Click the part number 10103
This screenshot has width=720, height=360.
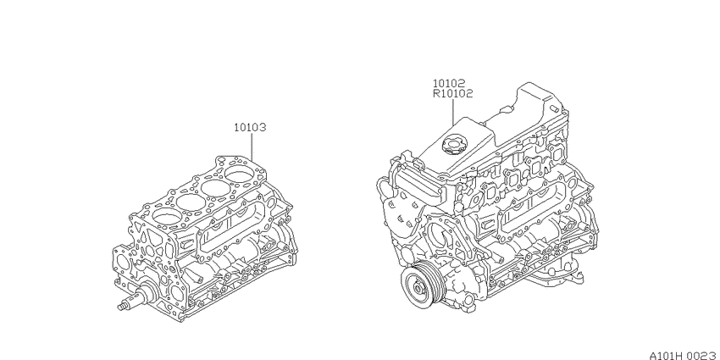[x=250, y=127]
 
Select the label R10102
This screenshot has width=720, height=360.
[x=453, y=94]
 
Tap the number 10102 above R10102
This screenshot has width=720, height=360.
[x=449, y=83]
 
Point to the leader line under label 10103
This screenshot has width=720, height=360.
[x=252, y=147]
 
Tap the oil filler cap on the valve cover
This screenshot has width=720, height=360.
[x=455, y=143]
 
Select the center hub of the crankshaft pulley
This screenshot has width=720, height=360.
[x=418, y=288]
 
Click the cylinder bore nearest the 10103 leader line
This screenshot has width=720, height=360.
[x=240, y=175]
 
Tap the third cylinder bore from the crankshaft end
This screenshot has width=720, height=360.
[x=215, y=188]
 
